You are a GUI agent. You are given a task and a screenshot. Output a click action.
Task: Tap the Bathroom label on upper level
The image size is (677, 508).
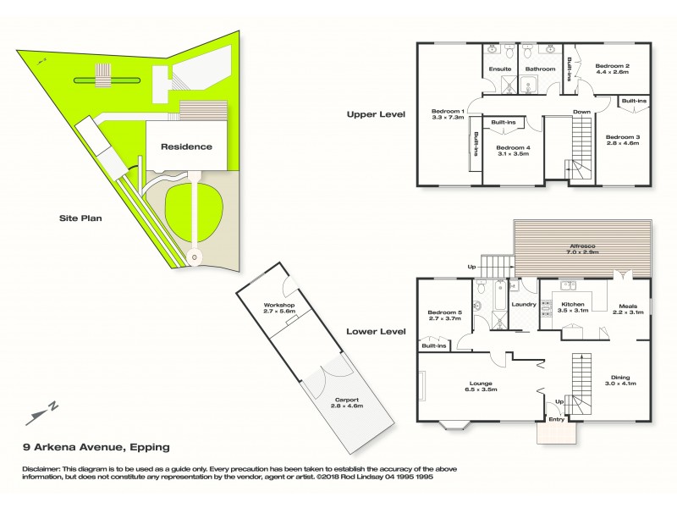coord(539,69)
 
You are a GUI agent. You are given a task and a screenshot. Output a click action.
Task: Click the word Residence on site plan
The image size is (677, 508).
coord(186,146)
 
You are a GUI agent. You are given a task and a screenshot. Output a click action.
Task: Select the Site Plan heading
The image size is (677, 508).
coord(80,218)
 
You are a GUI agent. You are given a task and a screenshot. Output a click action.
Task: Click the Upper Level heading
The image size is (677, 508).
coord(376,113)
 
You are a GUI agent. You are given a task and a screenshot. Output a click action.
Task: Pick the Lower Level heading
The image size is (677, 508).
coord(376,331)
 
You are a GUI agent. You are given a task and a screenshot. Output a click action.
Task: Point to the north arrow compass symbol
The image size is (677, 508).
coord(42,413)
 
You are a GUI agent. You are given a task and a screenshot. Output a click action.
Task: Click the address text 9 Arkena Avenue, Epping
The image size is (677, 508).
coord(96,447)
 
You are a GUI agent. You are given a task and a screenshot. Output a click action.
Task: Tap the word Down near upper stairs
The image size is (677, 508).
coord(581,112)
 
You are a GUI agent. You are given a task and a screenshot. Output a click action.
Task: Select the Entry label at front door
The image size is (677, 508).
coord(557,418)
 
